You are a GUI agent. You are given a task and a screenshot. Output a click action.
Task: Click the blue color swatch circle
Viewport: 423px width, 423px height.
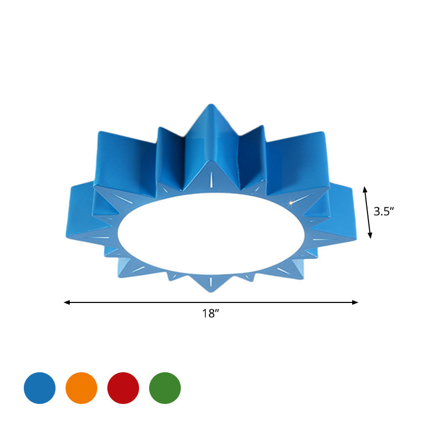[40, 388]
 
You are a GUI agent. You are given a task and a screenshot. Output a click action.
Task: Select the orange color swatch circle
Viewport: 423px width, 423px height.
[81, 388]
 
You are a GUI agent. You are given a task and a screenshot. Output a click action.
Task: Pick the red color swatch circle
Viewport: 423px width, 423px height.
[123, 388]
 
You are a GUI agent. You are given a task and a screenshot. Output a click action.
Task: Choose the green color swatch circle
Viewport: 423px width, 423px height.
[165, 388]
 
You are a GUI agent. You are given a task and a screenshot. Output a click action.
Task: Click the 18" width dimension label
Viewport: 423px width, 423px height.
[210, 314]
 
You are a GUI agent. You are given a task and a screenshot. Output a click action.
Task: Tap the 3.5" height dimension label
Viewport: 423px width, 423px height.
[384, 212]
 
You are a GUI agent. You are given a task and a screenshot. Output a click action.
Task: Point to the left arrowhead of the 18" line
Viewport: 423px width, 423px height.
[66, 302]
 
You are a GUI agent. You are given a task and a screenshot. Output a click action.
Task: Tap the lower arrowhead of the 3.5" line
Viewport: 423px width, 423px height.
[370, 236]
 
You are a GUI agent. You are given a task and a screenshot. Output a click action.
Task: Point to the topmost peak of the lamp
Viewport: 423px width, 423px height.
[208, 105]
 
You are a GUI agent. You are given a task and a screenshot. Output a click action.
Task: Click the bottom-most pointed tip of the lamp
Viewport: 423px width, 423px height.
[210, 292]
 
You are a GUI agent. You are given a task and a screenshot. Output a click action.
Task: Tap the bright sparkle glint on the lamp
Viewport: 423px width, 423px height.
[291, 201]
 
